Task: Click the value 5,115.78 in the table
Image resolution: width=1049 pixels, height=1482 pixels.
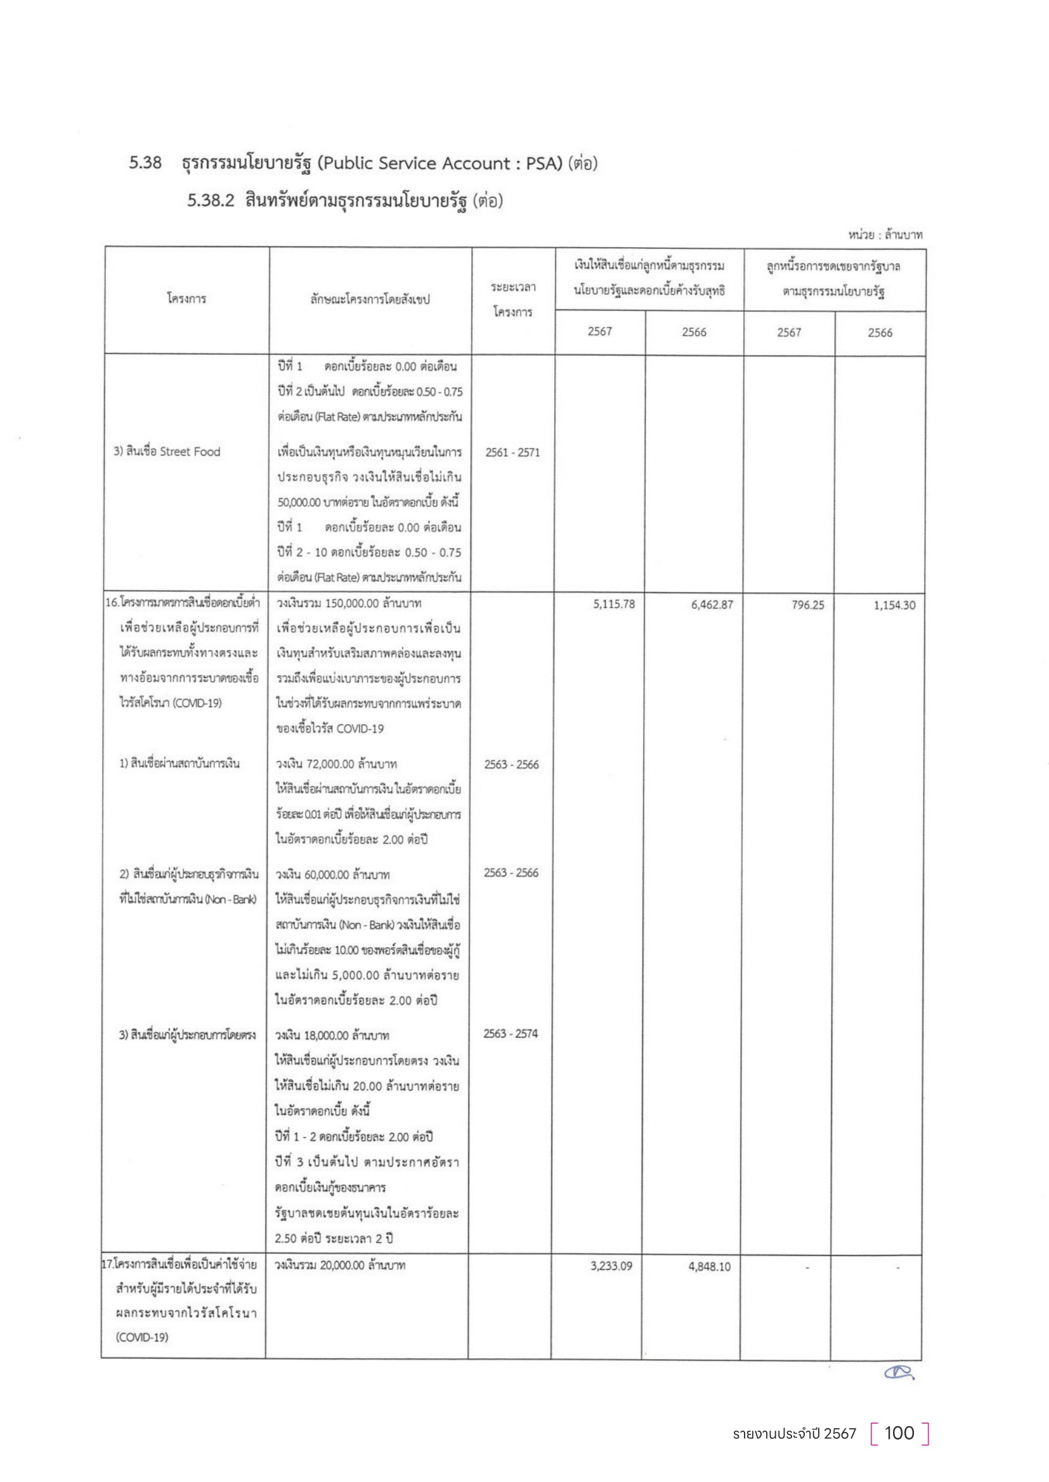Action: pyautogui.click(x=614, y=604)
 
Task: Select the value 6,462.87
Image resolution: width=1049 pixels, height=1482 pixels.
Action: pyautogui.click(x=712, y=605)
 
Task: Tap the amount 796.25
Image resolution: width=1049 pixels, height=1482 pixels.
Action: pyautogui.click(x=808, y=605)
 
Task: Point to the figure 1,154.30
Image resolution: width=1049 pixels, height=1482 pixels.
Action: pyautogui.click(x=894, y=606)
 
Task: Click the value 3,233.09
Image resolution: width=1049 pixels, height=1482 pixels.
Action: pyautogui.click(x=611, y=1266)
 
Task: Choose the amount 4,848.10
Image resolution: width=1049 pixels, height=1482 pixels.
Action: pyautogui.click(x=709, y=1267)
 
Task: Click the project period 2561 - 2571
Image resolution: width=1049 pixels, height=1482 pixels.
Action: pyautogui.click(x=512, y=452)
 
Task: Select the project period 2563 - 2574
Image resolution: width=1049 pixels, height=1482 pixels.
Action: pyautogui.click(x=511, y=1033)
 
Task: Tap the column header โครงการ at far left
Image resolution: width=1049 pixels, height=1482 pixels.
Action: pyautogui.click(x=186, y=299)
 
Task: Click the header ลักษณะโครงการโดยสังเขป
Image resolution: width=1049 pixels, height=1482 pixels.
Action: pyautogui.click(x=370, y=300)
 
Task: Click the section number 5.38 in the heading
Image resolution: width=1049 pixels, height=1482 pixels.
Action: pyautogui.click(x=145, y=163)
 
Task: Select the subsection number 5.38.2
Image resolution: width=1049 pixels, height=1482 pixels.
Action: pyautogui.click(x=211, y=201)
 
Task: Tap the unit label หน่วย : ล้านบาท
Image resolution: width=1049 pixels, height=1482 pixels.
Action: pyautogui.click(x=885, y=235)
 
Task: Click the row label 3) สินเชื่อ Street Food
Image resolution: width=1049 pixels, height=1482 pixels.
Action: pyautogui.click(x=167, y=452)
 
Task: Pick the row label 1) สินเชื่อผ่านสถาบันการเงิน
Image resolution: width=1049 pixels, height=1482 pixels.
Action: pyautogui.click(x=179, y=763)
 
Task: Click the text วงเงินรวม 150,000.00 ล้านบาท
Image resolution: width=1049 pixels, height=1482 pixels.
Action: pyautogui.click(x=349, y=604)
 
